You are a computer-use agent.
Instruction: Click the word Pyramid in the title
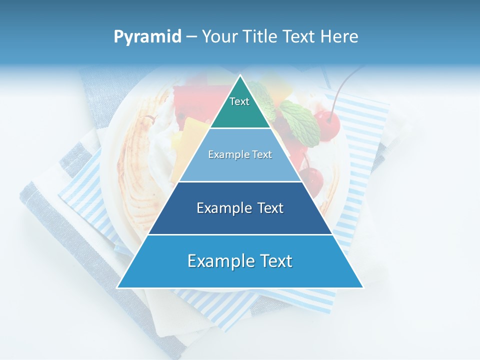pos(147,37)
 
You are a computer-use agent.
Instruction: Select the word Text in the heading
pos(299,37)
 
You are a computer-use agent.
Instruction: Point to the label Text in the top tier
pos(239,101)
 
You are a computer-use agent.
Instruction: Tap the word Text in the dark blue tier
pos(267,208)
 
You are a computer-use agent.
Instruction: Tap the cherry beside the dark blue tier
pos(312,180)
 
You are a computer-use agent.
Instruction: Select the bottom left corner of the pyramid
pos(118,287)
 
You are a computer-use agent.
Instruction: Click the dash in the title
pos(191,37)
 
